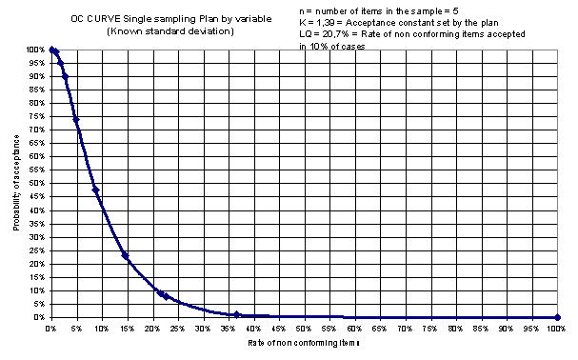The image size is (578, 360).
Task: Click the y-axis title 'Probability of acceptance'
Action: click(x=19, y=180)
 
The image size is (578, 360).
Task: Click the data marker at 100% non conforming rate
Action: click(x=557, y=317)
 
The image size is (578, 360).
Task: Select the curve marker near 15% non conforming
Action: click(x=125, y=255)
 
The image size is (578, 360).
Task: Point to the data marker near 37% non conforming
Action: click(x=236, y=314)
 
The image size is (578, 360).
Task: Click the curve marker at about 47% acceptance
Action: click(x=95, y=190)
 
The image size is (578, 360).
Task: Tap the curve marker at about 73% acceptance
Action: click(x=75, y=121)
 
